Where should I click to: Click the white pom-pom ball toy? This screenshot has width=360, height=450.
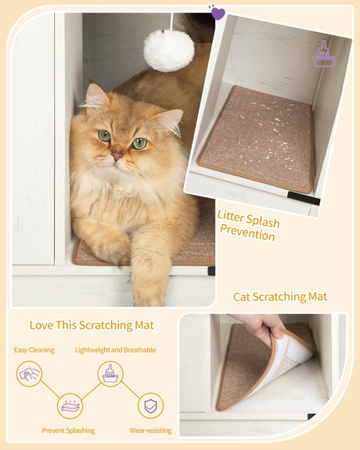168,49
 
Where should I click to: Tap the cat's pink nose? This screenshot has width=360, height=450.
117,156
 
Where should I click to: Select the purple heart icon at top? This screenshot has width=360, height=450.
218,13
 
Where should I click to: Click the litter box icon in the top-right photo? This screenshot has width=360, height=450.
323,55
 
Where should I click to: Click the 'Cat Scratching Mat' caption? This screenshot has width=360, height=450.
280,297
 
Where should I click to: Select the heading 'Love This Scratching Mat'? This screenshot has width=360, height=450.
92,325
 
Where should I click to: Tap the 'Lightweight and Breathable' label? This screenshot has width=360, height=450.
115,349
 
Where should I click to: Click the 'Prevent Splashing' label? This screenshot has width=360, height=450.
69,430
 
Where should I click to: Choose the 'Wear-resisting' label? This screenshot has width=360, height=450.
151,430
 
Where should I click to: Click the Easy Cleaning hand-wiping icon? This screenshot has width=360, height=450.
29,375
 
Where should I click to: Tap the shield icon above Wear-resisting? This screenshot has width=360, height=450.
150,405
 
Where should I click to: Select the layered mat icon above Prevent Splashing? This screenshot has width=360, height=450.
70,405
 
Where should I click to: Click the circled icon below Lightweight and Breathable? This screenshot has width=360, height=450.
110,374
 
